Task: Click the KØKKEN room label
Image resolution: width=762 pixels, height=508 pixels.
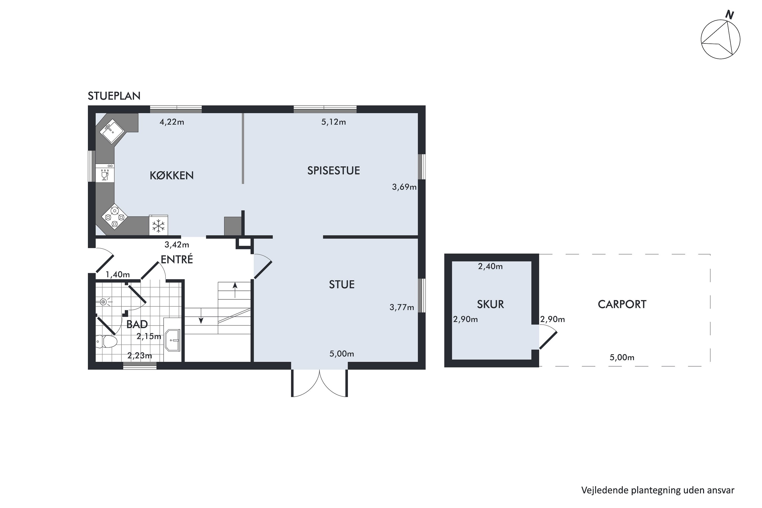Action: (x=171, y=175)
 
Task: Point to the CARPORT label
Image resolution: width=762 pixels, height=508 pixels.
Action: (x=622, y=304)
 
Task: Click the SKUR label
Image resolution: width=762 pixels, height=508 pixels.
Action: (x=490, y=304)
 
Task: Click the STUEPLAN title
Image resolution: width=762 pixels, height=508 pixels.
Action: (x=114, y=96)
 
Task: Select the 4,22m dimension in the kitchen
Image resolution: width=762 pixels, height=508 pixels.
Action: (x=172, y=122)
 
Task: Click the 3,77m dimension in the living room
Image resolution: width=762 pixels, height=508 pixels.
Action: (x=402, y=307)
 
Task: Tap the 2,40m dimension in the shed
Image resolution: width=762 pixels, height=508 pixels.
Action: (x=490, y=266)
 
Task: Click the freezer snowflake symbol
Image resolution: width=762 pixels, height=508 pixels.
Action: (x=158, y=226)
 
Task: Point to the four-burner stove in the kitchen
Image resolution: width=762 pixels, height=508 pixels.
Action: (x=114, y=217)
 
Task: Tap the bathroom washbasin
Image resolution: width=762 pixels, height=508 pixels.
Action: (x=173, y=341)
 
